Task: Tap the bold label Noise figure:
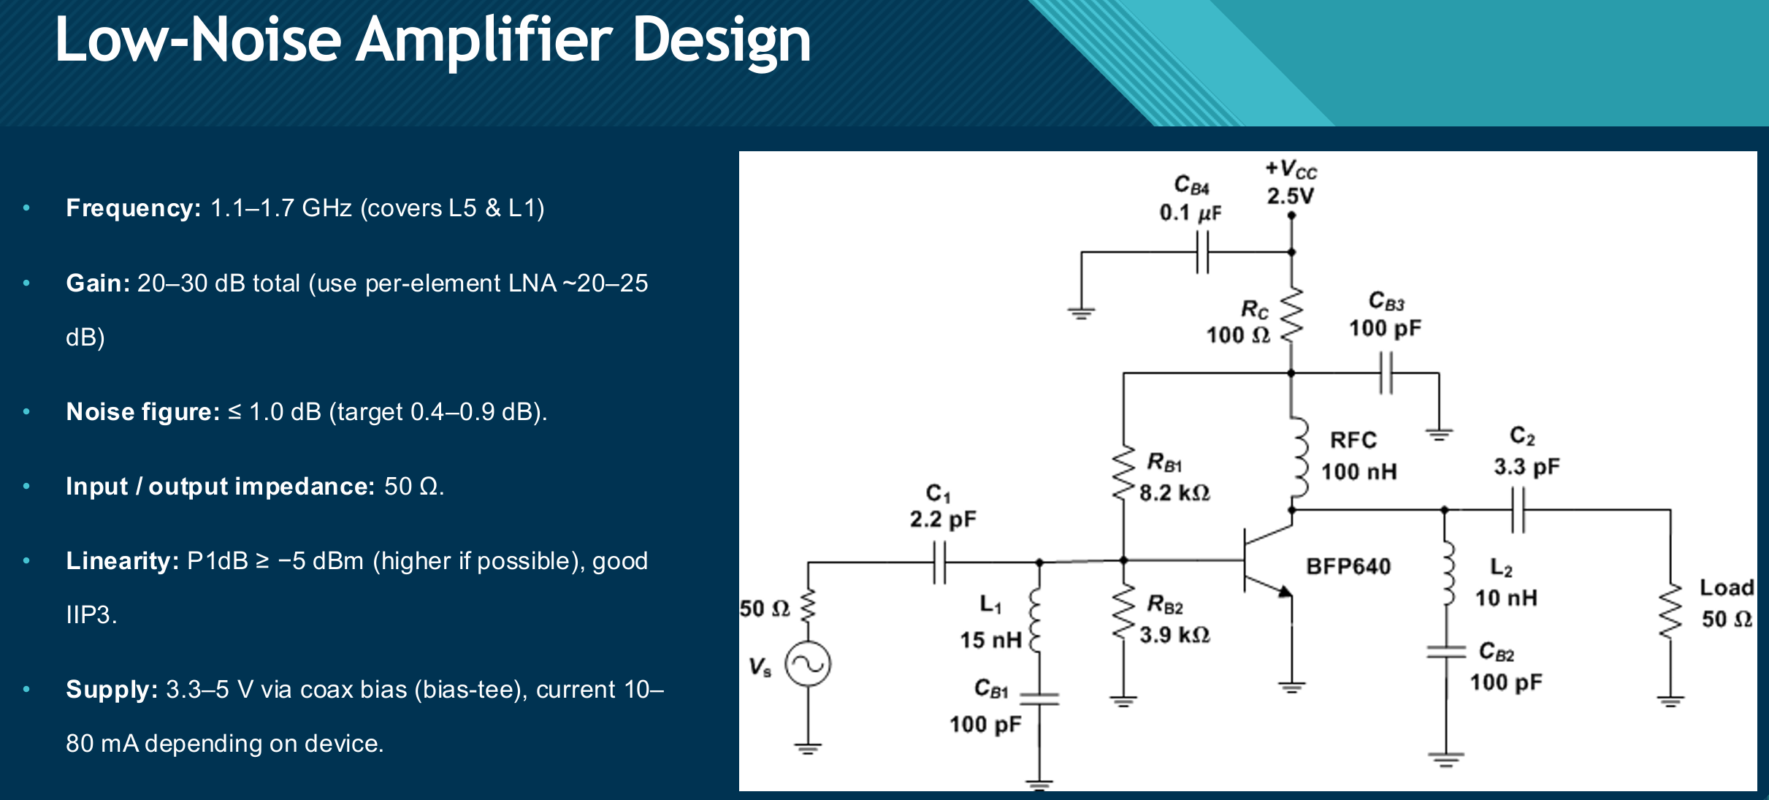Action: pyautogui.click(x=142, y=412)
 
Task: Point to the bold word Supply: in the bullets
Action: pyautogui.click(x=112, y=690)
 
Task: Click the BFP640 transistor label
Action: pyautogui.click(x=1348, y=566)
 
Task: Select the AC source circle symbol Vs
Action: pyautogui.click(x=808, y=664)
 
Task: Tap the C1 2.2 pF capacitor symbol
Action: pyautogui.click(x=940, y=562)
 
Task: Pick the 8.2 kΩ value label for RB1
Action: pyautogui.click(x=1174, y=493)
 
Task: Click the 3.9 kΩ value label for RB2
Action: pyautogui.click(x=1174, y=635)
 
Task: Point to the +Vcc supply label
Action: pyautogui.click(x=1291, y=169)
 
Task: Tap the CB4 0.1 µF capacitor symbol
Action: pyautogui.click(x=1202, y=252)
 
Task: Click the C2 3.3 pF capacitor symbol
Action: pyautogui.click(x=1518, y=510)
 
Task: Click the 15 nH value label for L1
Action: pyautogui.click(x=990, y=641)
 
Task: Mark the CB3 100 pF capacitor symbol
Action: pyautogui.click(x=1386, y=373)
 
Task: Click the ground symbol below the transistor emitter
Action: pyautogui.click(x=1291, y=687)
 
